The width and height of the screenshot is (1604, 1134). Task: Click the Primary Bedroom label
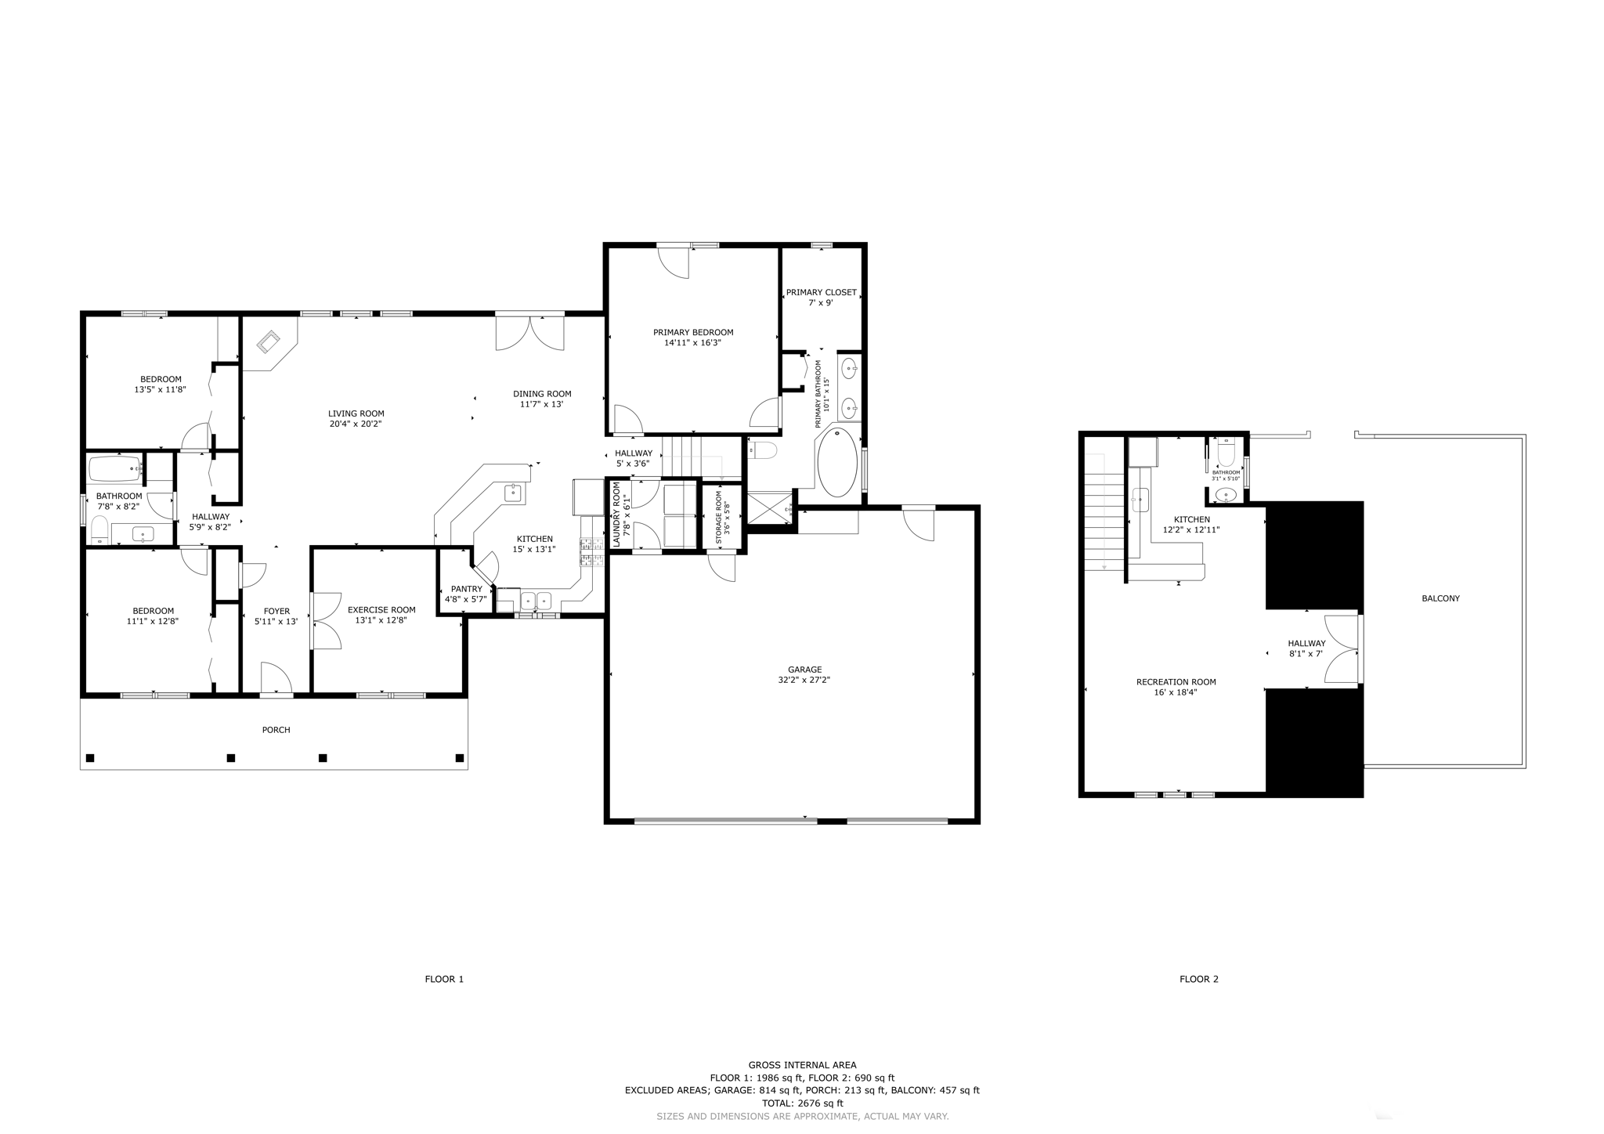[x=693, y=332]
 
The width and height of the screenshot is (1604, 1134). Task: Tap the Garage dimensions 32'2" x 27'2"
[x=804, y=681]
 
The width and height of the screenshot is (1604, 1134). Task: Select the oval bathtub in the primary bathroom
[x=837, y=462]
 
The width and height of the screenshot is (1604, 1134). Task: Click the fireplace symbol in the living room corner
[x=269, y=342]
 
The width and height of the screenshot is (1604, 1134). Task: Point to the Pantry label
[x=466, y=589]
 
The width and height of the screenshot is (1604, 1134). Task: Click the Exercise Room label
[x=381, y=609]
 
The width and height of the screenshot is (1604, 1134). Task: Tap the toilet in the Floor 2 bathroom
[x=1226, y=453]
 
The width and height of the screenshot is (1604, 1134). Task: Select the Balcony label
[x=1440, y=598]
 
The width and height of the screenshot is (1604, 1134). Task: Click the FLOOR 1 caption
[x=444, y=979]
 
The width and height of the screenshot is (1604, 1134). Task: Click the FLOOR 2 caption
[x=1199, y=979]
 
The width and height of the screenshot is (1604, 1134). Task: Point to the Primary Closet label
[x=821, y=292]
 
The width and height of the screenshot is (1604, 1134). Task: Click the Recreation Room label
[x=1176, y=681]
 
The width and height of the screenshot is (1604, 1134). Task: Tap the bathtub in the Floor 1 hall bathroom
[x=115, y=469]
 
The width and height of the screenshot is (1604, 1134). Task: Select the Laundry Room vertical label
[x=616, y=514]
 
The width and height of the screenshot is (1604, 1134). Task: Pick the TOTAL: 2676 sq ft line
[x=802, y=1103]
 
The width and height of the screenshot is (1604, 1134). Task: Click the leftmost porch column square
[x=90, y=757]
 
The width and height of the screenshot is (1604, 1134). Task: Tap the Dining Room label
[x=542, y=394]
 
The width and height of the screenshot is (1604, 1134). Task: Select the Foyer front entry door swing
[x=275, y=678]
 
